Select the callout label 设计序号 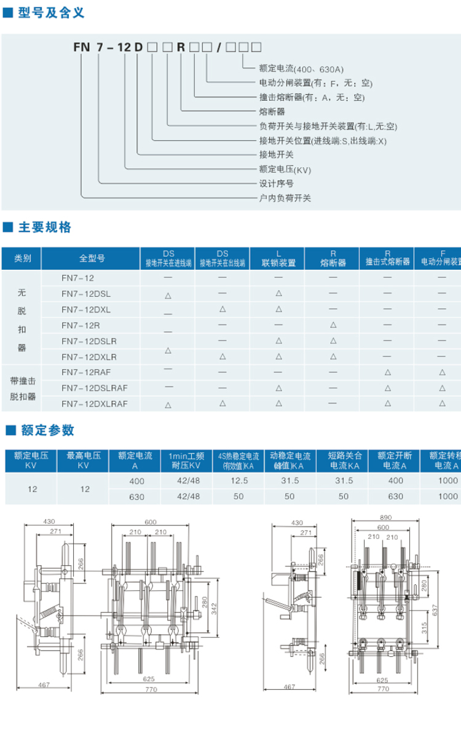tap(276, 183)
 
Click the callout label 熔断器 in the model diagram tap(272, 112)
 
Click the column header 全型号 tap(92, 259)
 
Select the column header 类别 tap(23, 259)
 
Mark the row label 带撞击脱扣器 tap(23, 388)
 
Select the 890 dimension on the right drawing tap(385, 518)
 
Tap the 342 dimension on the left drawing tap(213, 608)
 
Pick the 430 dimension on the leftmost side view tap(49, 522)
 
